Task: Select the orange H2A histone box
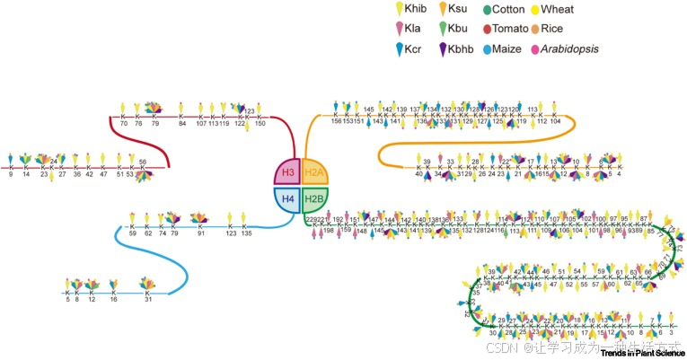(314, 171)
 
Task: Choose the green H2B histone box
(314, 198)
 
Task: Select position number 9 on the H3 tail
(11, 175)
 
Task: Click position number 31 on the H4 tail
(148, 300)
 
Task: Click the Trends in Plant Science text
(639, 353)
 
